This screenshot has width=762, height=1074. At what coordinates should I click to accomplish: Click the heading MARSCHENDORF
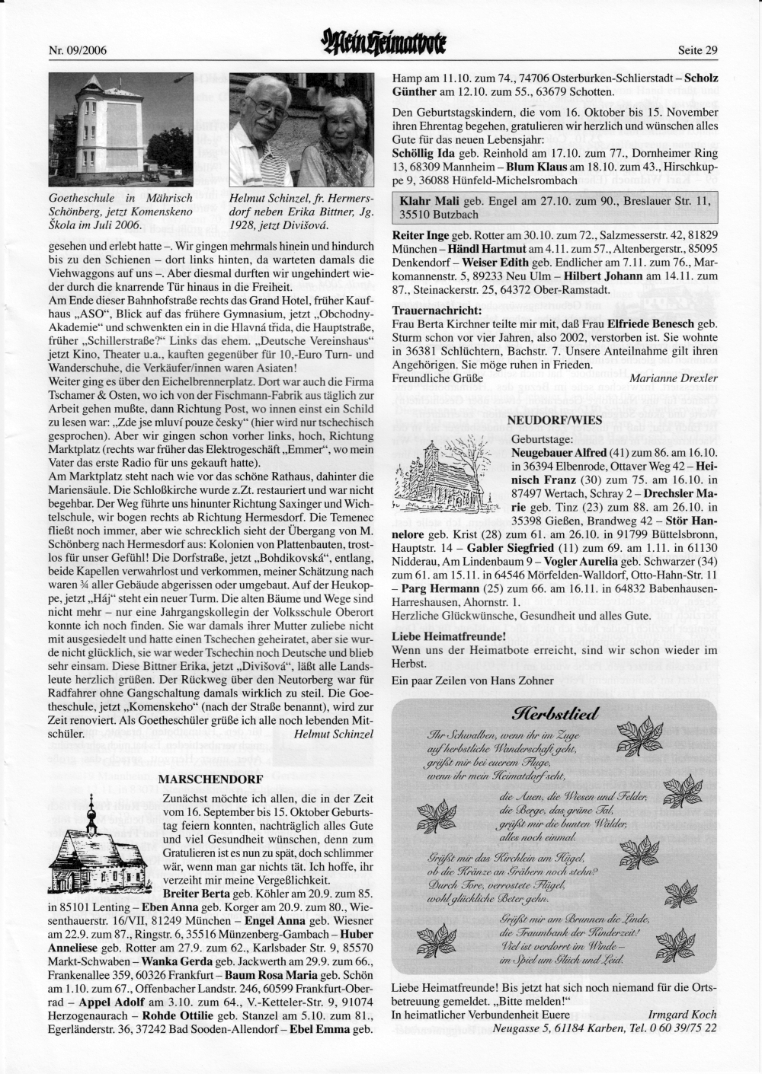click(210, 779)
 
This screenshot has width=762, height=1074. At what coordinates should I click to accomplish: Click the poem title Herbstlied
click(547, 715)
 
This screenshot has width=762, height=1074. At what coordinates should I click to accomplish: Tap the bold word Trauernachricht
click(437, 311)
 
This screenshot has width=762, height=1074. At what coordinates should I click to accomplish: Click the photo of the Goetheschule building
click(120, 130)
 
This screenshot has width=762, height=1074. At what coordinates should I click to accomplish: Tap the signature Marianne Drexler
click(674, 378)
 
